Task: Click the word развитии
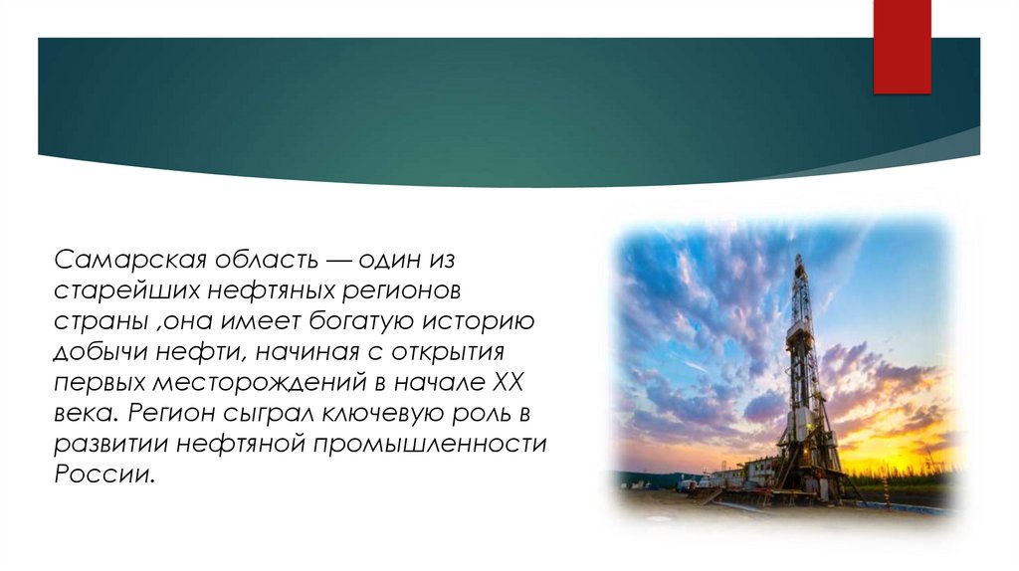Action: (109, 444)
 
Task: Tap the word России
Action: (103, 474)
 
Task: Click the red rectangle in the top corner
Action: (902, 45)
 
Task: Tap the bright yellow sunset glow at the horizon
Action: (896, 458)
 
